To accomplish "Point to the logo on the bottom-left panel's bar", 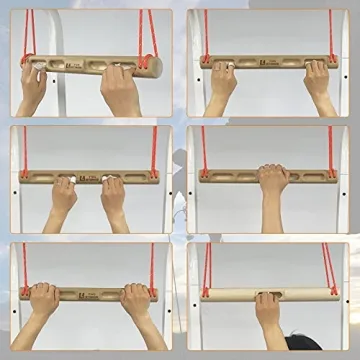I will click(91, 294).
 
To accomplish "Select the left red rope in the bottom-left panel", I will click(24, 265).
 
